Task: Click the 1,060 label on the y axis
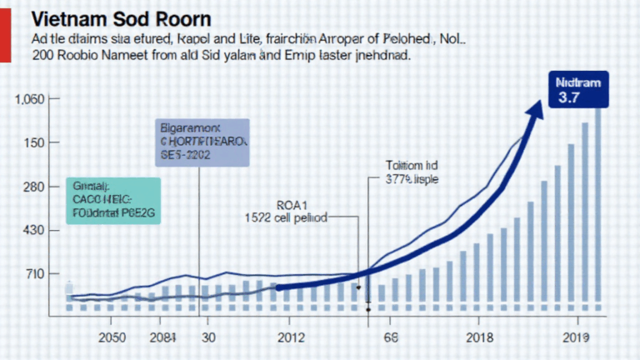[x=28, y=99]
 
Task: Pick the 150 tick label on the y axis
[x=32, y=142]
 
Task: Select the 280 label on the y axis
[x=32, y=187]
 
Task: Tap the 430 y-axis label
[x=32, y=230]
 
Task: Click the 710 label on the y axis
[x=32, y=274]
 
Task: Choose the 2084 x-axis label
[x=165, y=337]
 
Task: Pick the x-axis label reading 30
[x=209, y=337]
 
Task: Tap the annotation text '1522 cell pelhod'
[x=286, y=217]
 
